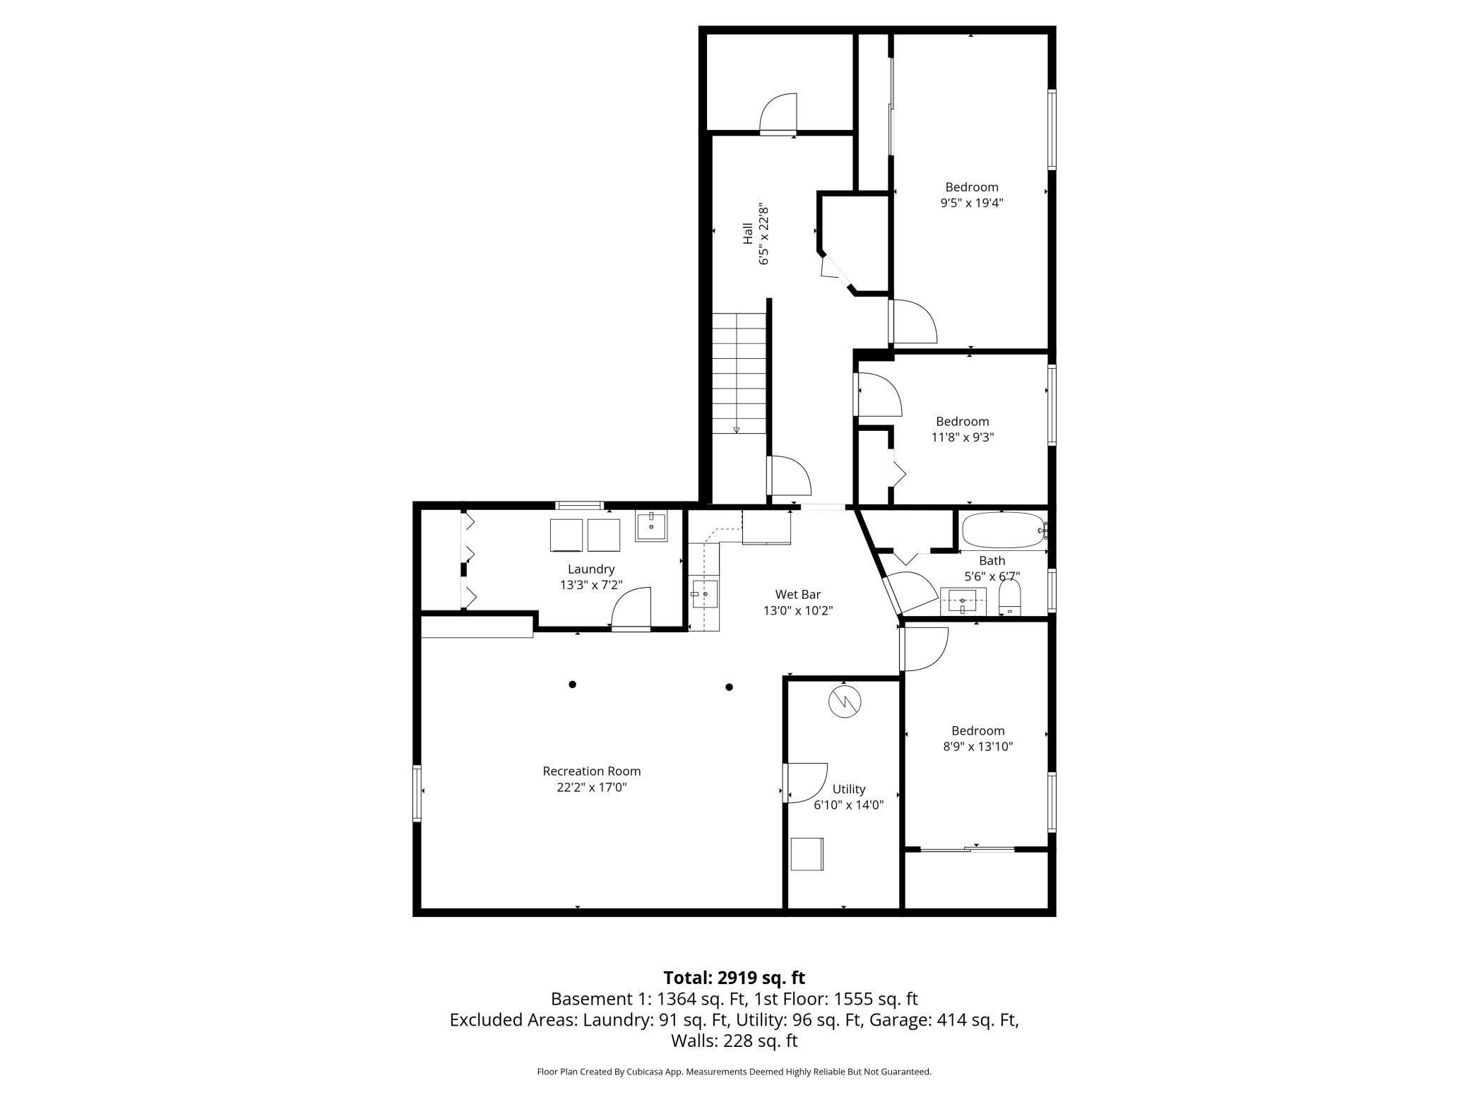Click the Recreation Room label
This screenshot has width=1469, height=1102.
click(591, 771)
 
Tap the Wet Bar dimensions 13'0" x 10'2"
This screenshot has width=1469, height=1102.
click(797, 610)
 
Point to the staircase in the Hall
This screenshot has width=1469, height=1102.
click(739, 374)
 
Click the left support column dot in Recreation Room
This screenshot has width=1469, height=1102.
click(573, 684)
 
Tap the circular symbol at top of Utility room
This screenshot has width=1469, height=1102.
click(845, 701)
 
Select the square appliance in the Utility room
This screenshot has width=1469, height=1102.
click(807, 853)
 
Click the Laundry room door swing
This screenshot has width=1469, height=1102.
click(631, 608)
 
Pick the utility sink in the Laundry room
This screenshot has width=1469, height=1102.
click(650, 526)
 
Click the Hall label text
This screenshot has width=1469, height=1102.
click(747, 234)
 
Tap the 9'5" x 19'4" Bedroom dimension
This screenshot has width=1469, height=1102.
click(971, 203)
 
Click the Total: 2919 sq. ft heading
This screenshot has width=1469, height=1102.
click(734, 978)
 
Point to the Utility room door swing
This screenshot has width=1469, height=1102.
click(805, 782)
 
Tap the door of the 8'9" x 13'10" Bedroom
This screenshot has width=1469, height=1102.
click(924, 648)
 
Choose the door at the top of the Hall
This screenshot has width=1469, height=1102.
click(778, 114)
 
